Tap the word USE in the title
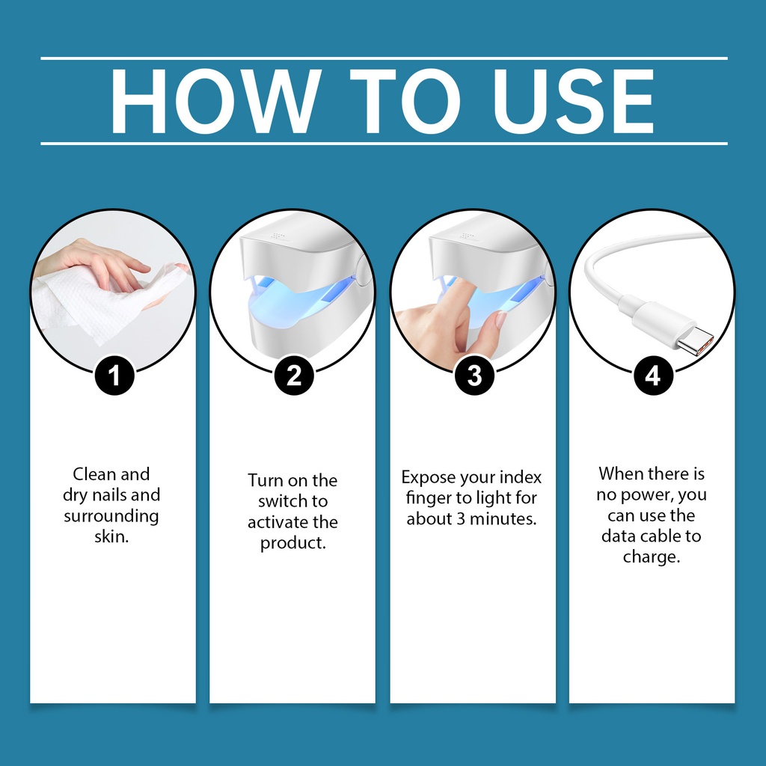click(574, 101)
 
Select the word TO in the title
click(405, 101)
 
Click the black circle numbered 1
click(114, 376)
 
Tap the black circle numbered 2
click(293, 376)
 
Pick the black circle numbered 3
click(474, 376)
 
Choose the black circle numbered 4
click(653, 376)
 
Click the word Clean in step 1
click(94, 474)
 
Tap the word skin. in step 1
click(111, 536)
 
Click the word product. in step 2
click(292, 543)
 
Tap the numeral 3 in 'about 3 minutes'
click(461, 519)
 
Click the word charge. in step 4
click(652, 557)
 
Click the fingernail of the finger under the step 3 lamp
click(501, 320)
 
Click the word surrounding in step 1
click(111, 516)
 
